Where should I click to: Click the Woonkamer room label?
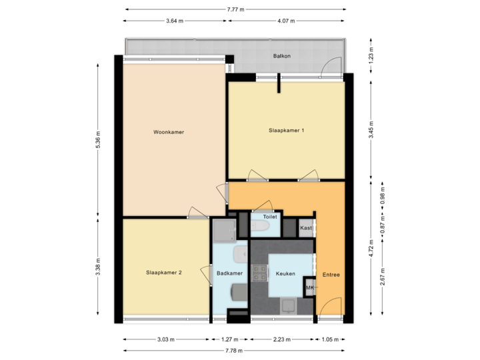[168, 132]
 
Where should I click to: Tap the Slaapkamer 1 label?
[286, 130]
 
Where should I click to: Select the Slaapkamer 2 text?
[164, 273]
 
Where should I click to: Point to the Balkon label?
[281, 57]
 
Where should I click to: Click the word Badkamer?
[229, 273]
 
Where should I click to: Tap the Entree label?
[331, 274]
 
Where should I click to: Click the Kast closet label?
[306, 228]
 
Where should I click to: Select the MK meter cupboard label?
[309, 287]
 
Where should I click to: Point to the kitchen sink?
[289, 307]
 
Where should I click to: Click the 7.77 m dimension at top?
[235, 9]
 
